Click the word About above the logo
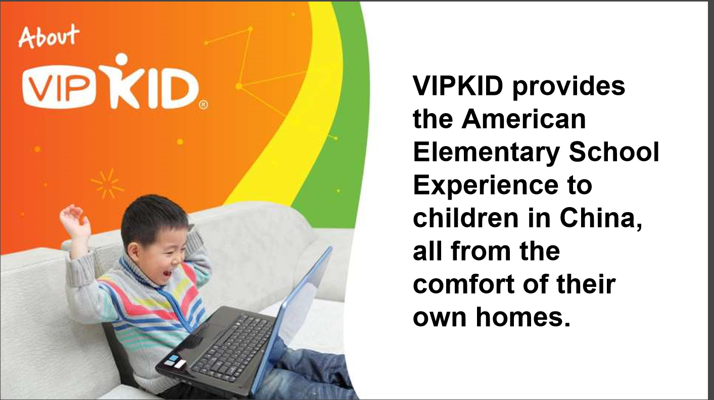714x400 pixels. pos(49,36)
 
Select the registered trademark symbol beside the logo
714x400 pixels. pos(203,106)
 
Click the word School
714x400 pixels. pos(614,152)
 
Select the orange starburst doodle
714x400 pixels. pos(107,183)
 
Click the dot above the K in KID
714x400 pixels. pos(121,61)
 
